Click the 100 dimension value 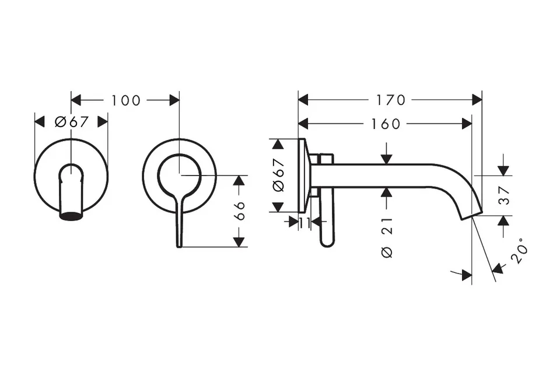126,100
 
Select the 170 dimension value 391,100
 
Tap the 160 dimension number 386,124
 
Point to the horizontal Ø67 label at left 71,122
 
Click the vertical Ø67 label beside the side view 278,175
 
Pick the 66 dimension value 240,211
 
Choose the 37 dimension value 504,195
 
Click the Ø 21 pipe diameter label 387,237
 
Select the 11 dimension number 304,223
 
